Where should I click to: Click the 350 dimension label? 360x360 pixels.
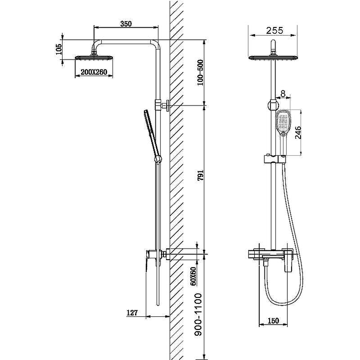(x=126, y=24)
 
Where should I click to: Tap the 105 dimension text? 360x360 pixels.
(x=59, y=49)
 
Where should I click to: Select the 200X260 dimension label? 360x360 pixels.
(x=94, y=72)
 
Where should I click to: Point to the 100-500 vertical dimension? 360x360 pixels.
(x=200, y=72)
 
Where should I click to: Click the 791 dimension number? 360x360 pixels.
(x=200, y=175)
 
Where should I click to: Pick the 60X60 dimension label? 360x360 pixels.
(x=193, y=276)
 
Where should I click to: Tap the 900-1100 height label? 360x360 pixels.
(x=198, y=315)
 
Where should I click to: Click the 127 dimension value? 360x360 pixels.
(x=132, y=312)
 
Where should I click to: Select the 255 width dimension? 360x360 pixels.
(x=274, y=31)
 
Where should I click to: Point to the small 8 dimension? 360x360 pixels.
(x=283, y=94)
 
